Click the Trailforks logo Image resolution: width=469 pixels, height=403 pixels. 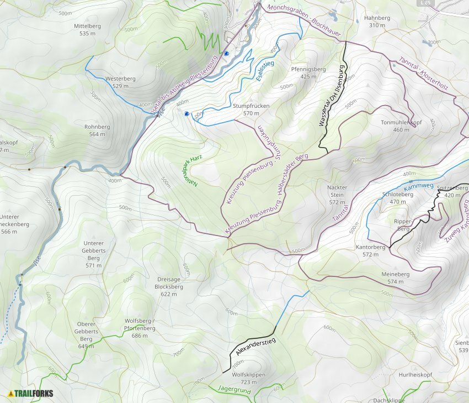tap(31, 394)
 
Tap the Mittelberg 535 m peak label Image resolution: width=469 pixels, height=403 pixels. tap(88, 30)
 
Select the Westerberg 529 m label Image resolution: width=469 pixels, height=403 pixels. tap(120, 82)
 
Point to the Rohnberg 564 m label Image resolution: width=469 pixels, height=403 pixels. tap(97, 130)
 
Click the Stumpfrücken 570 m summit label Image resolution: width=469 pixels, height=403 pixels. tap(251, 109)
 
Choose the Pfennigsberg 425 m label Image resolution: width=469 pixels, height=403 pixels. tap(308, 73)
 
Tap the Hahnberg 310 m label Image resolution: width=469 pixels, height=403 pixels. tap(377, 22)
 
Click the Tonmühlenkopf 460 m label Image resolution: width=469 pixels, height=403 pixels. tap(401, 126)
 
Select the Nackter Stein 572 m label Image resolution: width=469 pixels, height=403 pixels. tap(337, 195)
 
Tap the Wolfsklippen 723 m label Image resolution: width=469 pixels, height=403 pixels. tap(249, 378)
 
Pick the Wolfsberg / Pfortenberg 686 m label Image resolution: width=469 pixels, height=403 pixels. tap(140, 328)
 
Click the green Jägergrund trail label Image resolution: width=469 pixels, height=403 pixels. tap(234, 390)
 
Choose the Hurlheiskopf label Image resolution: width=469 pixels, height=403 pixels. tap(415, 374)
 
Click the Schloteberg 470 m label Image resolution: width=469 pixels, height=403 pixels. tap(398, 198)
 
